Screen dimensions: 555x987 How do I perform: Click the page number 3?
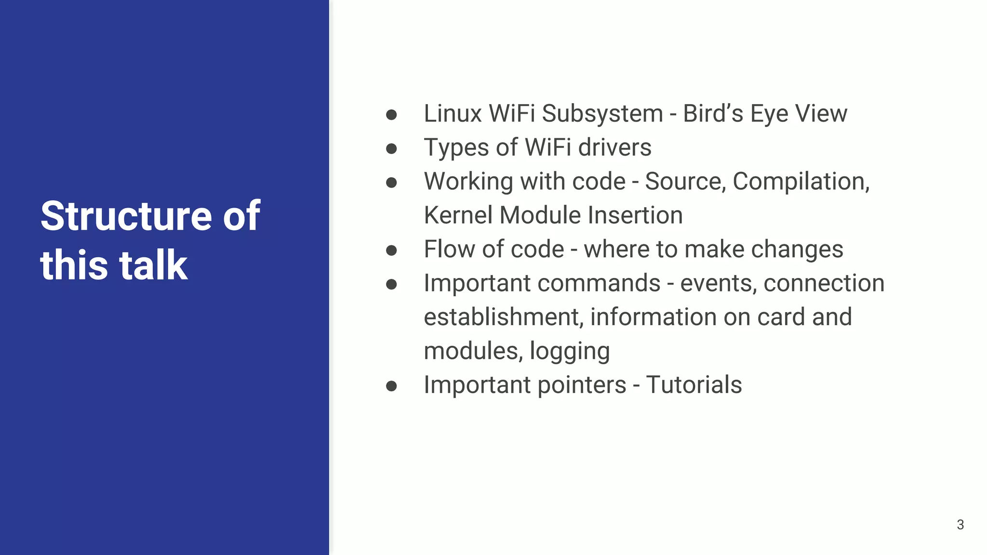960,525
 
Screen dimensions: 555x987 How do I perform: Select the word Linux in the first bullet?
453,114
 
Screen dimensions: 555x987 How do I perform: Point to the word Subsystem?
602,114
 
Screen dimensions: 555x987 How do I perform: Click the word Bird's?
713,114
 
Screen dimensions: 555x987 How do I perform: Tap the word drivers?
614,147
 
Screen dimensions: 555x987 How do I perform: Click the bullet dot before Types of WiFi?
391,148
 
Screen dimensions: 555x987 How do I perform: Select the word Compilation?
801,182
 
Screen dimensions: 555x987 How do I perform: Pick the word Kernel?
458,215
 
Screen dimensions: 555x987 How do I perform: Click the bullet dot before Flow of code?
391,250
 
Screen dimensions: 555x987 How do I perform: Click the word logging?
570,351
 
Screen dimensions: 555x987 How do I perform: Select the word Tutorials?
694,385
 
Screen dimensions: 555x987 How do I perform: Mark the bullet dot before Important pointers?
391,386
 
